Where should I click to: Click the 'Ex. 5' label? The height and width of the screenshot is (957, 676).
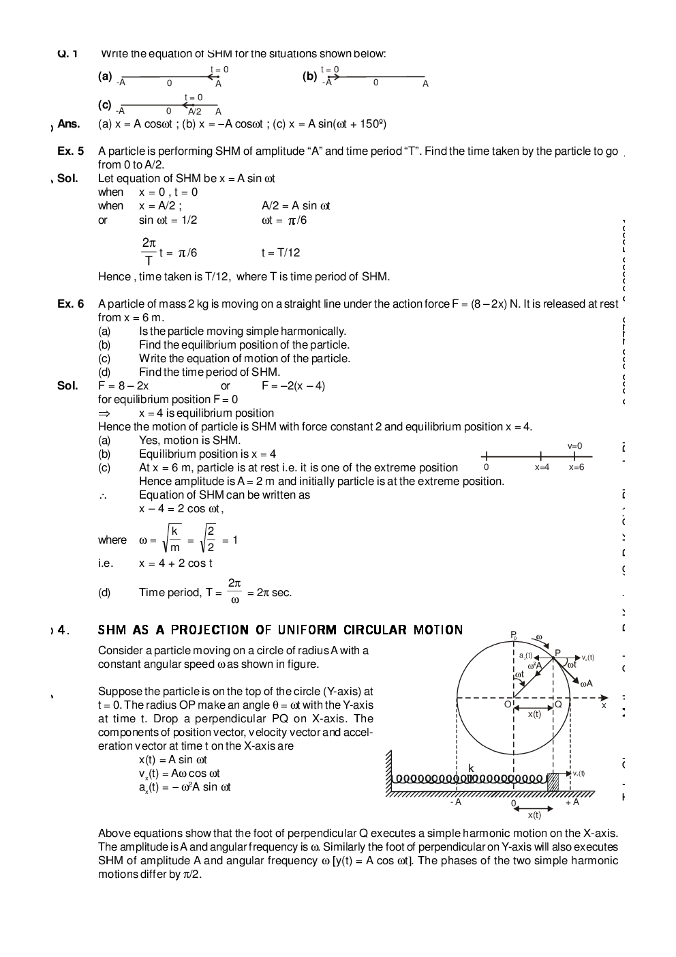(x=70, y=151)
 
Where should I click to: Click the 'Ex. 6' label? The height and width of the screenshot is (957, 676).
(x=70, y=304)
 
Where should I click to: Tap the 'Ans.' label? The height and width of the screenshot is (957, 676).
(x=68, y=123)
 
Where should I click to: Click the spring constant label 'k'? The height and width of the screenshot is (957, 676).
(x=471, y=768)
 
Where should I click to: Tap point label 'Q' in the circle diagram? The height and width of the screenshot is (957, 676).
(x=558, y=704)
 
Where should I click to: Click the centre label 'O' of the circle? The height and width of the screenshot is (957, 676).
(x=508, y=704)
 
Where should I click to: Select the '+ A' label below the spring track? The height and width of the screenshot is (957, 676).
(x=572, y=802)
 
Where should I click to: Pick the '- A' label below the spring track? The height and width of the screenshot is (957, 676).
(x=456, y=802)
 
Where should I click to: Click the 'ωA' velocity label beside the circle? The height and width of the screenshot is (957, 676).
(x=585, y=683)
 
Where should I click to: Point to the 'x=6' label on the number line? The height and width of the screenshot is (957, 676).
(x=577, y=467)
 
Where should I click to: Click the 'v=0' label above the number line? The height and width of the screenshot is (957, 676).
(x=574, y=446)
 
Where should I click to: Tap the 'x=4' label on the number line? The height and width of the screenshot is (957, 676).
(x=542, y=467)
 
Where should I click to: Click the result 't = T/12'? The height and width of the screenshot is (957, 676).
(x=280, y=252)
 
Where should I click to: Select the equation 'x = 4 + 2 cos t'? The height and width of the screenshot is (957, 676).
(x=176, y=563)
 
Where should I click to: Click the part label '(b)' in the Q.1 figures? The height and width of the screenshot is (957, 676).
(x=309, y=76)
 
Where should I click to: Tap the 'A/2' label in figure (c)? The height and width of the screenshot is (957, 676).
(x=194, y=111)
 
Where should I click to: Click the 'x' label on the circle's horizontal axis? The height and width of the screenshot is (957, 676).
(x=603, y=705)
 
